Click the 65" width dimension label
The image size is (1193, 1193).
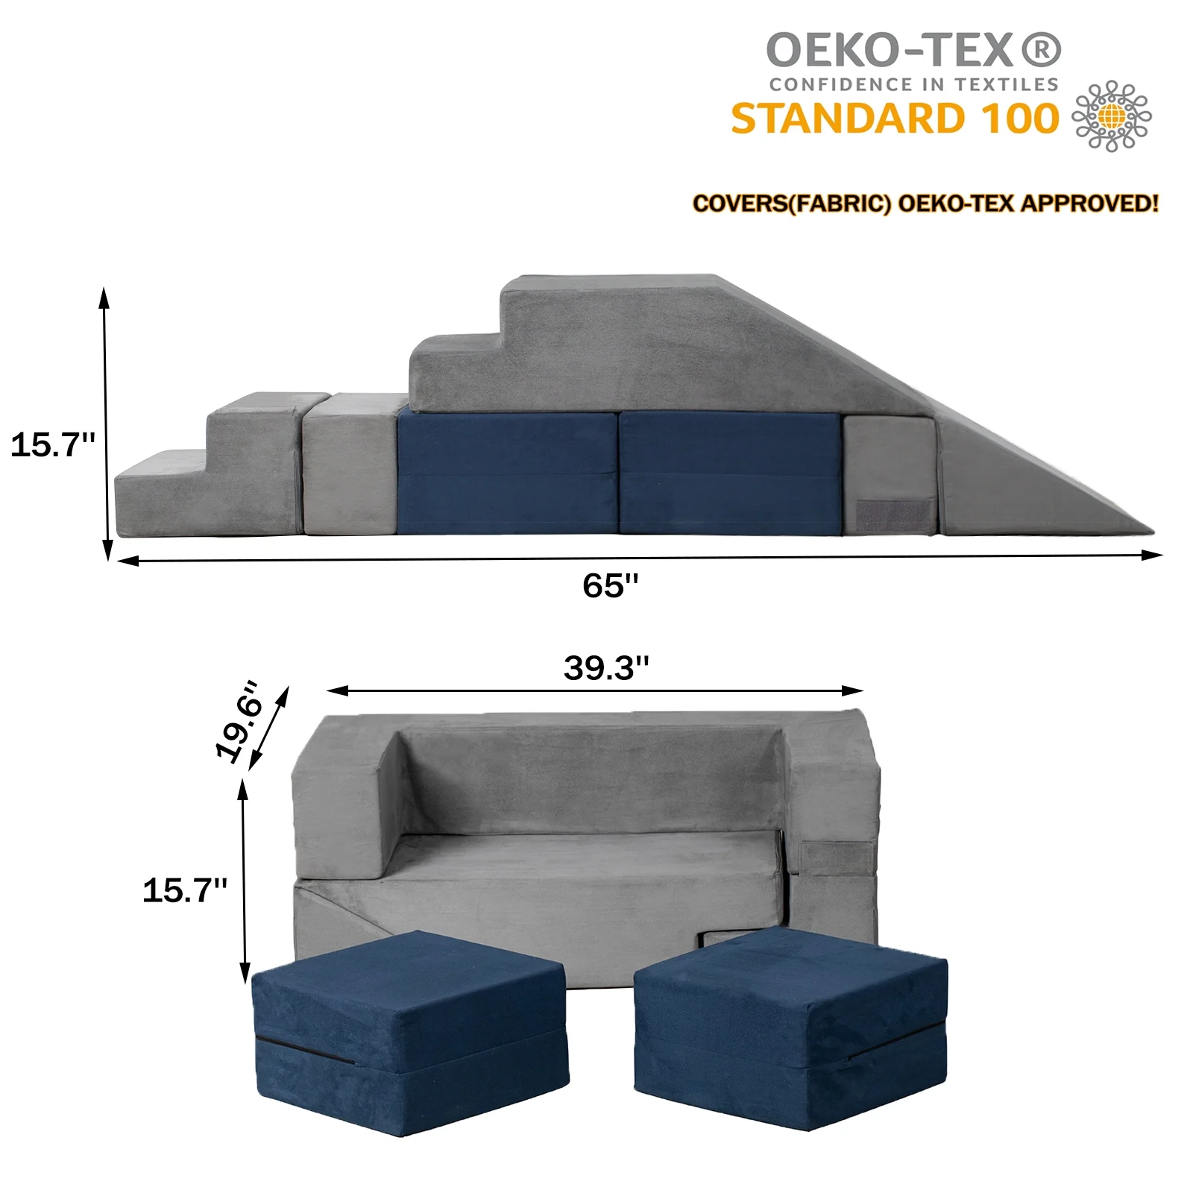point(610,586)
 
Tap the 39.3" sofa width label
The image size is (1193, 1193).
point(605,668)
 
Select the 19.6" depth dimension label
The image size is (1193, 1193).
point(240,721)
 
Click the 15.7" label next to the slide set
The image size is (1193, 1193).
point(52,445)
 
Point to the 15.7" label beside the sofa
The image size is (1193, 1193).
point(184,890)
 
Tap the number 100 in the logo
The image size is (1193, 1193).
point(1019,119)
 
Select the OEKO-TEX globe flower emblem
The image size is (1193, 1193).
point(1111,116)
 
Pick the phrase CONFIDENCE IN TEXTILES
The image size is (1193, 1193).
point(913,85)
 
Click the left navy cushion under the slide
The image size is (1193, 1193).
point(507,473)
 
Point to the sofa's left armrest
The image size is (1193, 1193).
point(339,805)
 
